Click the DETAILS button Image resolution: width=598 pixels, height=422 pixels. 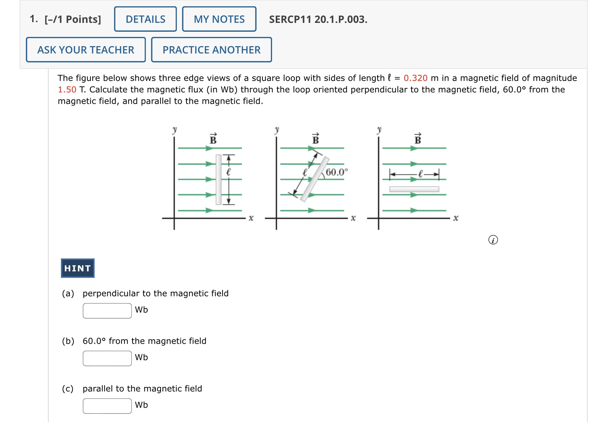point(145,19)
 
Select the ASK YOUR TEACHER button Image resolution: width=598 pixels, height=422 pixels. point(86,50)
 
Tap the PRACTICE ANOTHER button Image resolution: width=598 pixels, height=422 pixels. point(212,50)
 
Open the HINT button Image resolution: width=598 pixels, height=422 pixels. point(78,268)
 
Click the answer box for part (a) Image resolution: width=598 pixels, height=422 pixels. point(107,311)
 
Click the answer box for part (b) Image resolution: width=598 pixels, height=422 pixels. point(107,358)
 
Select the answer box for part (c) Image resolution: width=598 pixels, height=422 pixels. point(107,406)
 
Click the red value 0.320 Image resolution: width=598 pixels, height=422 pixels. point(415,78)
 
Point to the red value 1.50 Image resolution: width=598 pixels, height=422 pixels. point(67,90)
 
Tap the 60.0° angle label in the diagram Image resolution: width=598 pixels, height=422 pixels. point(336,172)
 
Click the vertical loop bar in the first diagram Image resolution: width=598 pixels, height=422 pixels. point(219,179)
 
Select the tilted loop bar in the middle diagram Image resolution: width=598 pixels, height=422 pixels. point(315,179)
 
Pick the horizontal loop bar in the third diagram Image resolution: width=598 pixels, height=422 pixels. point(414,189)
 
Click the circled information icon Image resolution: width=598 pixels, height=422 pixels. point(493,240)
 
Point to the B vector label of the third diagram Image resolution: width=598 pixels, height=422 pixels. point(417,139)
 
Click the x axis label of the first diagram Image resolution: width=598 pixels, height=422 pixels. point(251,218)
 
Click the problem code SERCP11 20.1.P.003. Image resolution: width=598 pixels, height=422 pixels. point(318,20)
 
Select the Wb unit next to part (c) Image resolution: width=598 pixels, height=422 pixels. point(141,405)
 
